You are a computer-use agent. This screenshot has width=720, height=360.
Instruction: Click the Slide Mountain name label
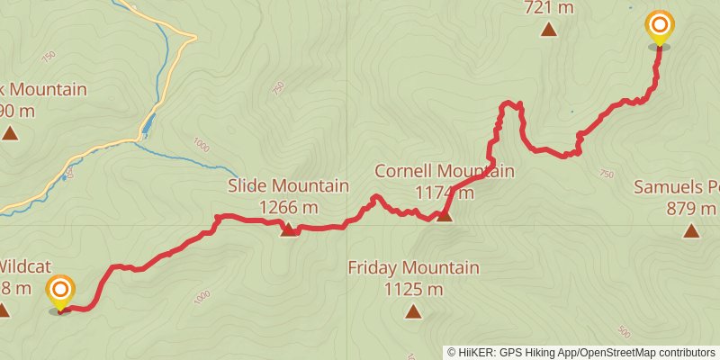tap(288, 186)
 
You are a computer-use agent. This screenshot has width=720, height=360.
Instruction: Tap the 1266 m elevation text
tap(288, 208)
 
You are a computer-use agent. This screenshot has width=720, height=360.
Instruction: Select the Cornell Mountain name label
tap(445, 171)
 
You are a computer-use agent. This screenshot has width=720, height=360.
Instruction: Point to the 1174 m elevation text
tap(445, 192)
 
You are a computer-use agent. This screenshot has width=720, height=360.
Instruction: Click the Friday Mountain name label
tap(413, 267)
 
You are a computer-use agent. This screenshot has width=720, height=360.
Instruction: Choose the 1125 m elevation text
tap(413, 289)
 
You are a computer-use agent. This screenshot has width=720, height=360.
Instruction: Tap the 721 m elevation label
tap(549, 8)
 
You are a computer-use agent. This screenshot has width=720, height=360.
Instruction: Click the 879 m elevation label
tap(690, 209)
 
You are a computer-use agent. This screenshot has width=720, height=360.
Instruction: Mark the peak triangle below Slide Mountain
tap(288, 230)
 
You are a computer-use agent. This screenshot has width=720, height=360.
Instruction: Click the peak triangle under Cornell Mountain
tap(444, 215)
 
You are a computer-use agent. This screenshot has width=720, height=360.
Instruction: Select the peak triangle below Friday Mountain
tap(413, 311)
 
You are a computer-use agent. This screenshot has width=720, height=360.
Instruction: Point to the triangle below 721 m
tap(549, 30)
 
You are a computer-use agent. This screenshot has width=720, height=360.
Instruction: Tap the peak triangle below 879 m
tap(690, 231)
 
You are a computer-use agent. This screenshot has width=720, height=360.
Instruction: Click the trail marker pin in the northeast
tap(660, 26)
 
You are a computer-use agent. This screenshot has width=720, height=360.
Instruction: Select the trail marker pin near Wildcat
tap(60, 291)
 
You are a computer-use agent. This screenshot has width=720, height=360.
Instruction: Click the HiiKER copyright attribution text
tap(581, 353)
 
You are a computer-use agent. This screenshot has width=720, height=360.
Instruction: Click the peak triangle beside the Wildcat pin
tap(4, 310)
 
